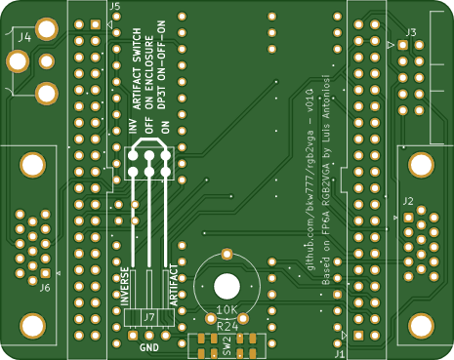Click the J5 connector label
(x=115, y=7)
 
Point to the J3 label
(x=411, y=33)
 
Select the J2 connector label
(x=407, y=204)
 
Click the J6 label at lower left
(x=44, y=288)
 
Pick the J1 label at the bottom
(x=340, y=355)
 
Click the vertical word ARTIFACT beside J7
(x=173, y=286)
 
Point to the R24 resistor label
(x=226, y=326)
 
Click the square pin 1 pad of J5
(x=95, y=24)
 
